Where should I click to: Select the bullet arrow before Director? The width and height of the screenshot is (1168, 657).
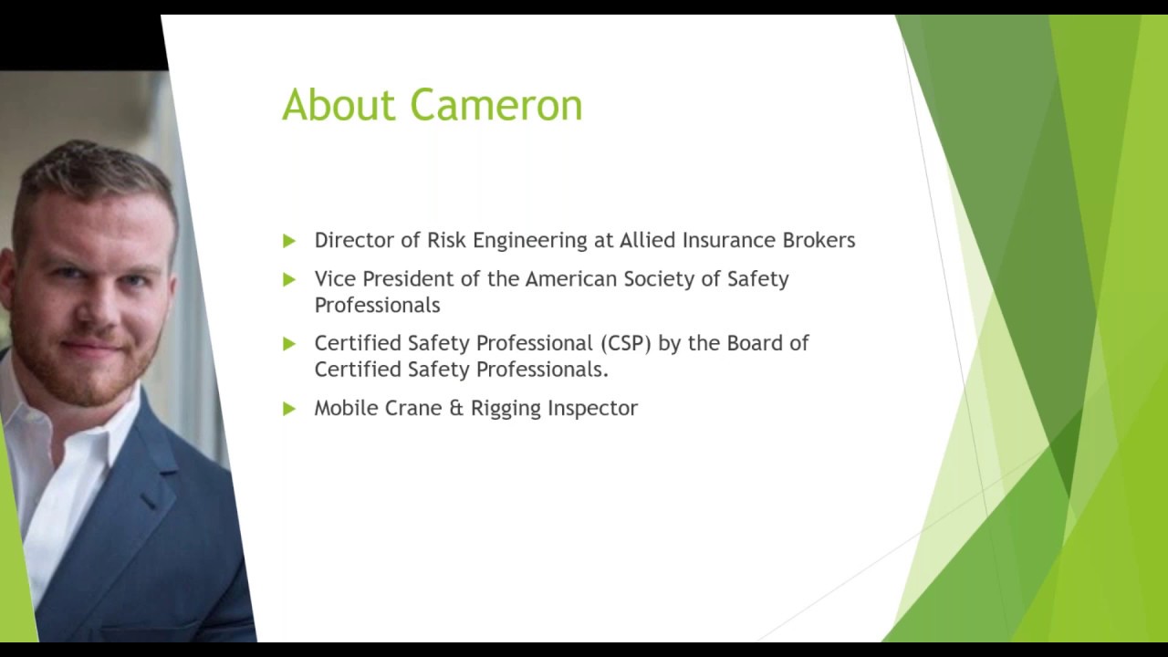[289, 241]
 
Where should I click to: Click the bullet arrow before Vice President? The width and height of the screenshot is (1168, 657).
[289, 279]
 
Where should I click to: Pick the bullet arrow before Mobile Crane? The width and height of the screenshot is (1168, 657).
[289, 409]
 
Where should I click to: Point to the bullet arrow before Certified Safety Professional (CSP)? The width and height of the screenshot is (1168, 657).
[289, 344]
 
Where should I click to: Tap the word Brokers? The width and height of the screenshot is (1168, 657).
[819, 240]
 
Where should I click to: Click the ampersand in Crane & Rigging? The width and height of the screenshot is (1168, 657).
[457, 408]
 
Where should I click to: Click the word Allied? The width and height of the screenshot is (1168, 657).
[648, 240]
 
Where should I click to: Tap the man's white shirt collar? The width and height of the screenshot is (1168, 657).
[46, 429]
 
